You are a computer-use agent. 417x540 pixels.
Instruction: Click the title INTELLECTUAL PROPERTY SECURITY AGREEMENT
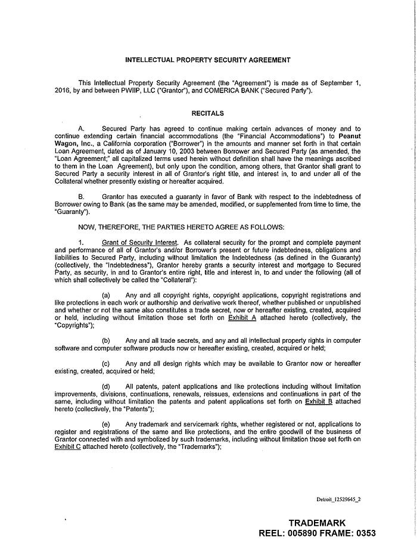tap(208, 60)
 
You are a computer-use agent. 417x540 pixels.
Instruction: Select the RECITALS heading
tap(208, 113)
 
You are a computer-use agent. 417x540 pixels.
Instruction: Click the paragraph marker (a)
tap(106, 295)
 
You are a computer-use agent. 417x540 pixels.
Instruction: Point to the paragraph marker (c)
tap(106, 363)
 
